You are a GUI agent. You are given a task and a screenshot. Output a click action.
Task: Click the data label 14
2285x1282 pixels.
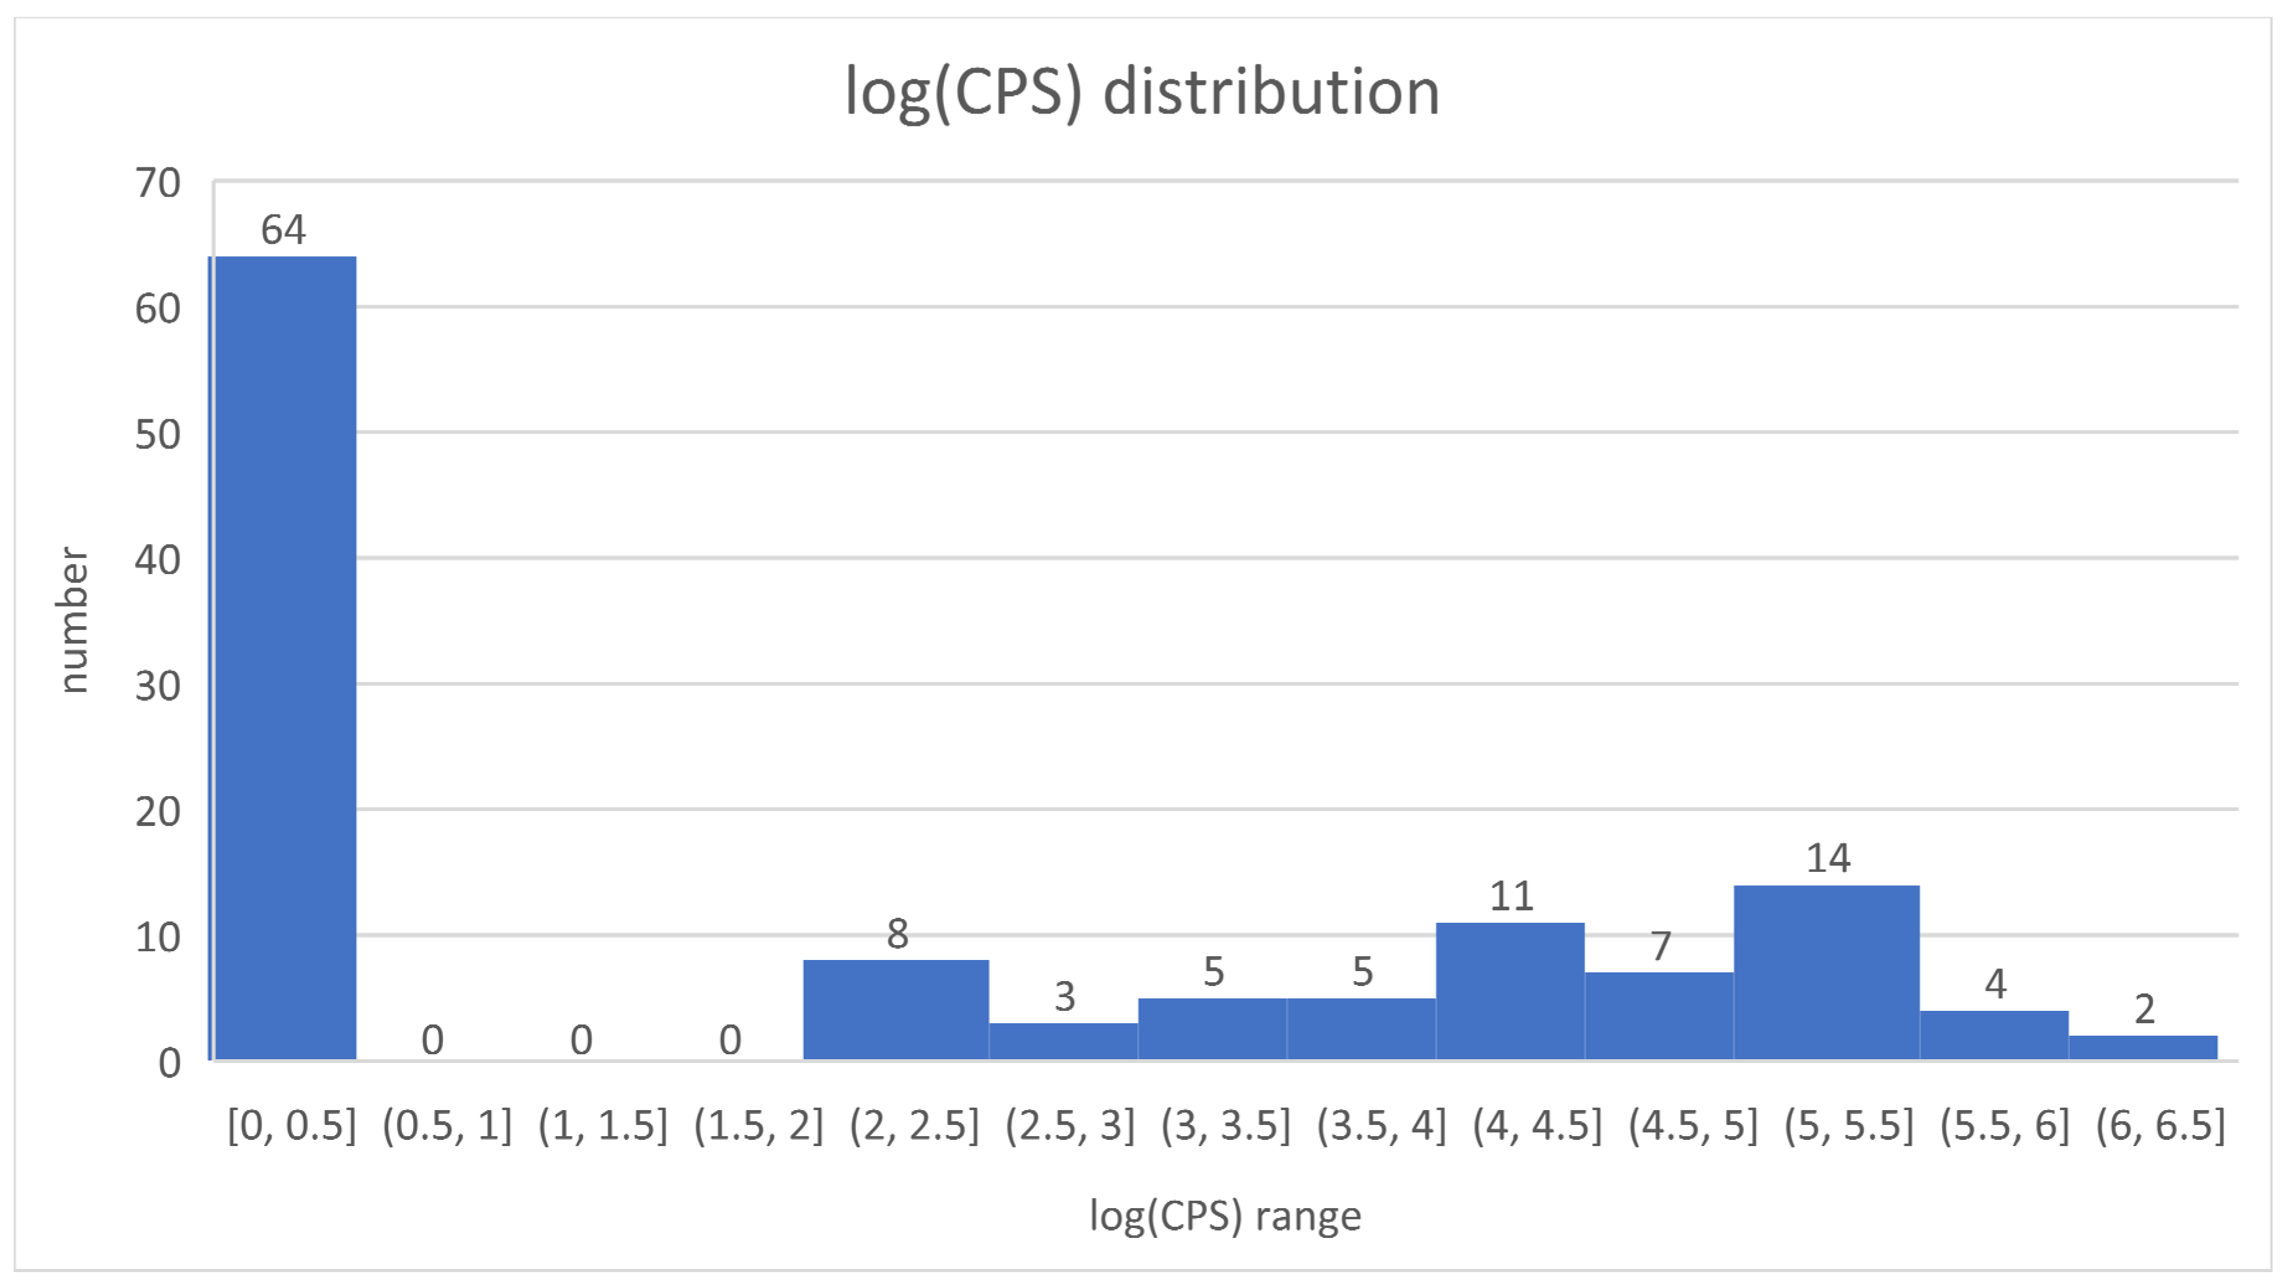1828,859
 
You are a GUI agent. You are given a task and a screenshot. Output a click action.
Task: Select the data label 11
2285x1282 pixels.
1512,897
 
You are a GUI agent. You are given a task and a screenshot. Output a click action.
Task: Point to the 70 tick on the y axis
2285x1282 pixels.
158,184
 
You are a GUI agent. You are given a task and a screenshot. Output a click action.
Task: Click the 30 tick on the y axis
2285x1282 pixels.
158,686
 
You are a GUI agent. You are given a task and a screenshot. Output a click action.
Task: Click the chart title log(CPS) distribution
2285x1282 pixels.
1142,92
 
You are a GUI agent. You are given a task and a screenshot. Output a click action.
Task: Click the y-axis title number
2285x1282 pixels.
73,619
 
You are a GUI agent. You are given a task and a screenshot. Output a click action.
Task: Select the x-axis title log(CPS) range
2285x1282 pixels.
1225,1216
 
